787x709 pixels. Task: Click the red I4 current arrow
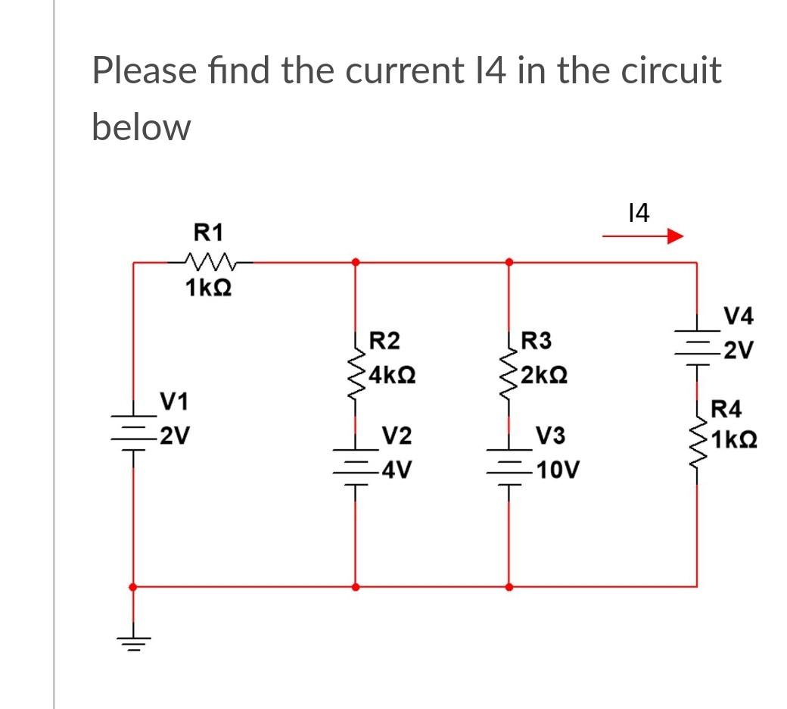coord(642,238)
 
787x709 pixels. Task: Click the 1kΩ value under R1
coord(208,288)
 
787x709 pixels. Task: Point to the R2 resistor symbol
coord(355,371)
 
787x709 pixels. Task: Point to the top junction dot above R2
coord(355,263)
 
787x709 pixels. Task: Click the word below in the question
coord(141,127)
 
